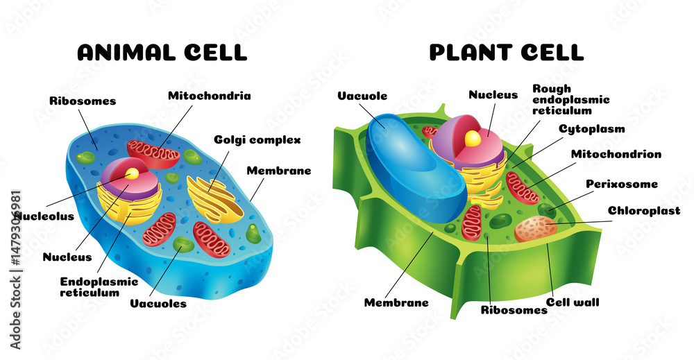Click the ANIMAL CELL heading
coord(161,52)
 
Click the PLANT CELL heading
coord(506,52)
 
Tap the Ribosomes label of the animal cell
coord(82,101)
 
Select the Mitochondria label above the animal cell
coord(209,96)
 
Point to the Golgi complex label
coord(257,140)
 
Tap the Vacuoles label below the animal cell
coord(158,303)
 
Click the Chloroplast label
coord(644,211)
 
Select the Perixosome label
coord(621,184)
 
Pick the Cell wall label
coord(573,302)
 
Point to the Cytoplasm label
coord(591,129)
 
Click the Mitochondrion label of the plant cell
coord(616,154)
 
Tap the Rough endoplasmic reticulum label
coord(570,99)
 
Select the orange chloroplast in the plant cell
coord(535,228)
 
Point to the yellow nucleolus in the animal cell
coord(131,173)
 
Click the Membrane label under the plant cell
coord(396,302)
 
